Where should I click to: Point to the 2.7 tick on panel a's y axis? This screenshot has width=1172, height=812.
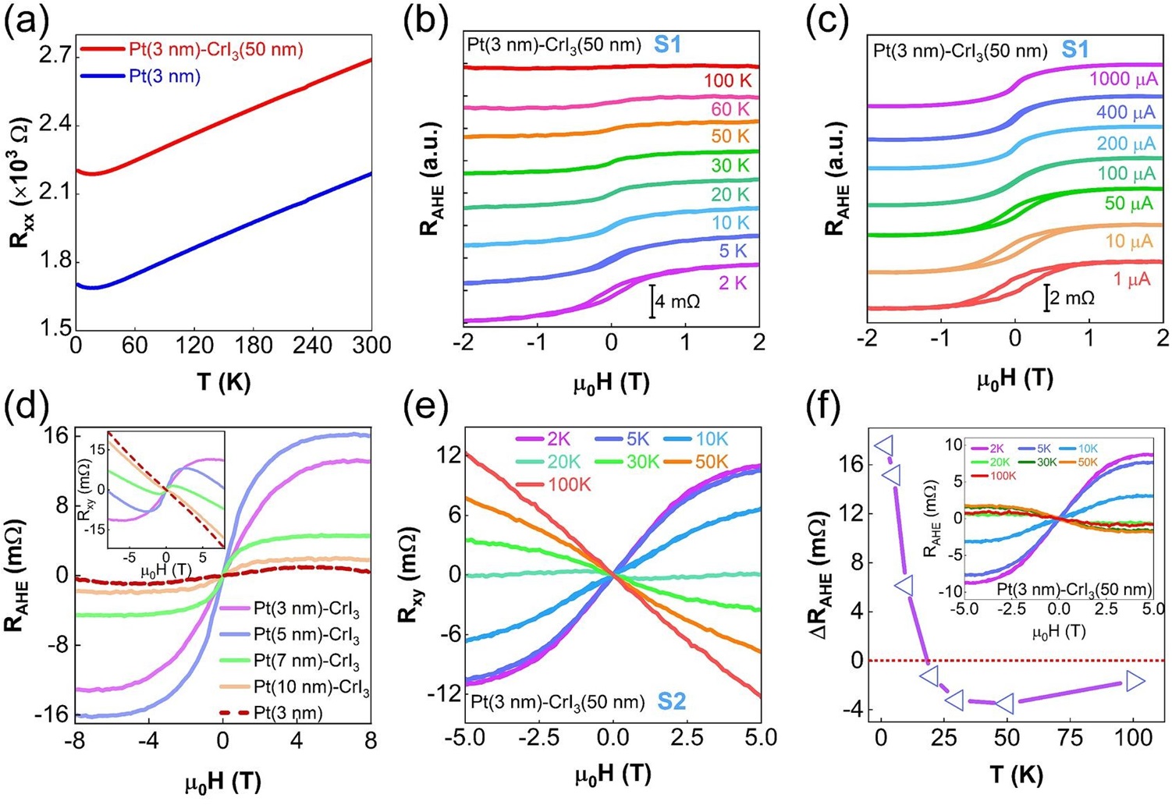[x=54, y=55]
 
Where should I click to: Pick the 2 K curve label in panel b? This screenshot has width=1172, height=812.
[x=733, y=283]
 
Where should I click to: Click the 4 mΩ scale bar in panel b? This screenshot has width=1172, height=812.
[x=652, y=301]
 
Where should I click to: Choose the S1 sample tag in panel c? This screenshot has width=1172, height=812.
[x=1075, y=50]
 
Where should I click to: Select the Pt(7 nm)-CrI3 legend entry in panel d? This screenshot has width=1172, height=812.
[x=306, y=661]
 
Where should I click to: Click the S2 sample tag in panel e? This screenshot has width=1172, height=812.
[x=671, y=701]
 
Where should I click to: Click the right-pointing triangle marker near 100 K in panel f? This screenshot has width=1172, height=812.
[x=1135, y=682]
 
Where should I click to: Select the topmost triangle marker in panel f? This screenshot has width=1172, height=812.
[x=885, y=446]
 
